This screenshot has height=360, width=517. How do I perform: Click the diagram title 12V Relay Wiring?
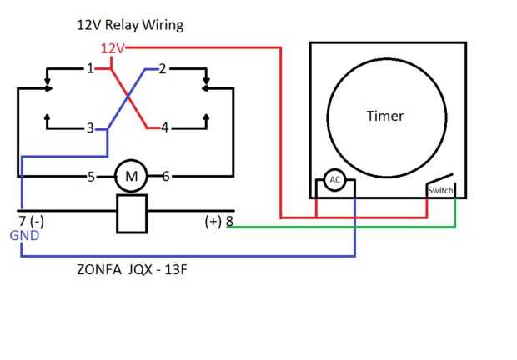click(129, 25)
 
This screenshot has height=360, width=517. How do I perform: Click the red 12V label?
click(112, 48)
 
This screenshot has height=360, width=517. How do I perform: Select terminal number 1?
click(90, 68)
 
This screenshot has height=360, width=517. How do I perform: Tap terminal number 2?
click(162, 68)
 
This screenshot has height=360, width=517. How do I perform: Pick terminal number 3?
click(90, 128)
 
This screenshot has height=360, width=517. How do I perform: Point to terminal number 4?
click(164, 128)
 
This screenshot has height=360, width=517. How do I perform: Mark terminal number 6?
click(166, 176)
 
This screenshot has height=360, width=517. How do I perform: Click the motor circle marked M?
click(130, 176)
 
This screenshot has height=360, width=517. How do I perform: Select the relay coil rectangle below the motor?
click(132, 213)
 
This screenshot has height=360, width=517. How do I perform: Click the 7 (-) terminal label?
click(30, 222)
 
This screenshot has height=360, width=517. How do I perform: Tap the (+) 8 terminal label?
click(218, 222)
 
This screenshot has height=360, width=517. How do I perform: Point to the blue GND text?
click(24, 237)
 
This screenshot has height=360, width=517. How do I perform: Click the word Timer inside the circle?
click(384, 116)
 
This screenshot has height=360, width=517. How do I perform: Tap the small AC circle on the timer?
click(334, 180)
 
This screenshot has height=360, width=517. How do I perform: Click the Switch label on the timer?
click(439, 191)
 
